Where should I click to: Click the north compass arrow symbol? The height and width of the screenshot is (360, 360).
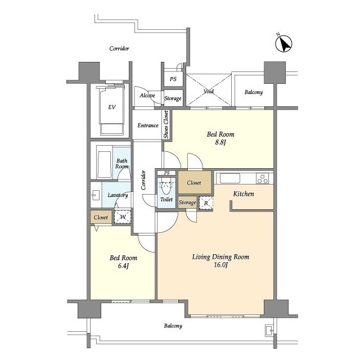point(283,44)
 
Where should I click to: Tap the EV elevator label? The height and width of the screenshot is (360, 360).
point(112,107)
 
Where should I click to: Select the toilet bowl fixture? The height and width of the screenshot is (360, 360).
point(166,188)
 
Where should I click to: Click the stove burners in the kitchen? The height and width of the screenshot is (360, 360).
point(263,178)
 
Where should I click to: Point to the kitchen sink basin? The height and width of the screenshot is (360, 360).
point(230,178)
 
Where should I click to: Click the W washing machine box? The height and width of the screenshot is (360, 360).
point(123,217)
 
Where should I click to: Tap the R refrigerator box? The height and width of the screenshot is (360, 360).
point(206,203)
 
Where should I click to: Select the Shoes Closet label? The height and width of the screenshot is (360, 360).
point(166,124)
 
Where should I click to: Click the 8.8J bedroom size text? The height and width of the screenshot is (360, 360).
point(220,142)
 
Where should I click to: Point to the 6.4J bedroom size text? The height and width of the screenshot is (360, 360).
point(123,266)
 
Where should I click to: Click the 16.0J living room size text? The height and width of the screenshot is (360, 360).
point(220,265)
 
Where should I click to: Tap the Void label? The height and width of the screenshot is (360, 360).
point(209,91)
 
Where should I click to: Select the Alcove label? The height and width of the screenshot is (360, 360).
point(147,95)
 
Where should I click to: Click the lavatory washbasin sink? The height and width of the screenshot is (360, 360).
point(96,195)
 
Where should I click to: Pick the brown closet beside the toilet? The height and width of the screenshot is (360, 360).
point(195,182)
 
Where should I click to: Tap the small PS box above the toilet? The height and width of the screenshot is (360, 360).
point(166,173)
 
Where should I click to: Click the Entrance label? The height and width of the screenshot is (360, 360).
point(148,125)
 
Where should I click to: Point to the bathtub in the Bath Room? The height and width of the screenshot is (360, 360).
point(104,164)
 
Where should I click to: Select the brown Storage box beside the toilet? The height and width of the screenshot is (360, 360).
point(187,202)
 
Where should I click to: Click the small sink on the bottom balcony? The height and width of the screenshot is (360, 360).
point(269,331)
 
